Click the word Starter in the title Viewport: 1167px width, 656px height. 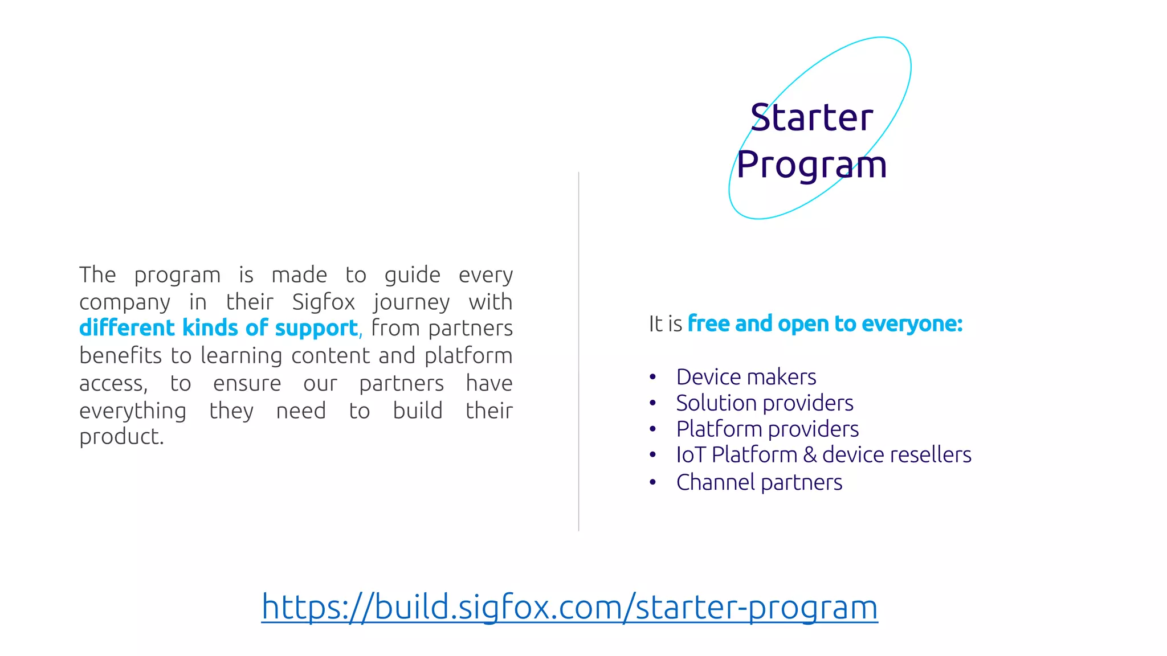[x=811, y=118]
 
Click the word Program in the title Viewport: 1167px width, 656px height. [x=811, y=165]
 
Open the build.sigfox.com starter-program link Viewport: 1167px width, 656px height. [x=569, y=607]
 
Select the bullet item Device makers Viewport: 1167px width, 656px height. [x=746, y=377]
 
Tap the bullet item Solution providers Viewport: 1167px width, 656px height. [x=764, y=403]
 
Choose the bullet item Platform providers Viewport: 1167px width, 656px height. [x=767, y=429]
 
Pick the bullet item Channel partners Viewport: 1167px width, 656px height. [x=759, y=482]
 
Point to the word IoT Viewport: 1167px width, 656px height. [x=691, y=455]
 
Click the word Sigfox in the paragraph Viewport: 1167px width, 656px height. [x=323, y=302]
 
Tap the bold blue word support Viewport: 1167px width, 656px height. [x=316, y=329]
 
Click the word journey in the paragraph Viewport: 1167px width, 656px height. [x=411, y=302]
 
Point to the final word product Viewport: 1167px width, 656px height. [x=121, y=437]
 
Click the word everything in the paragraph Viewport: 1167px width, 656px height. [x=133, y=411]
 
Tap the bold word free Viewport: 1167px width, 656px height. [x=709, y=323]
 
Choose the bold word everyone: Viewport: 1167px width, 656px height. [x=912, y=324]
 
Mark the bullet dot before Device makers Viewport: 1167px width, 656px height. [x=653, y=377]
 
